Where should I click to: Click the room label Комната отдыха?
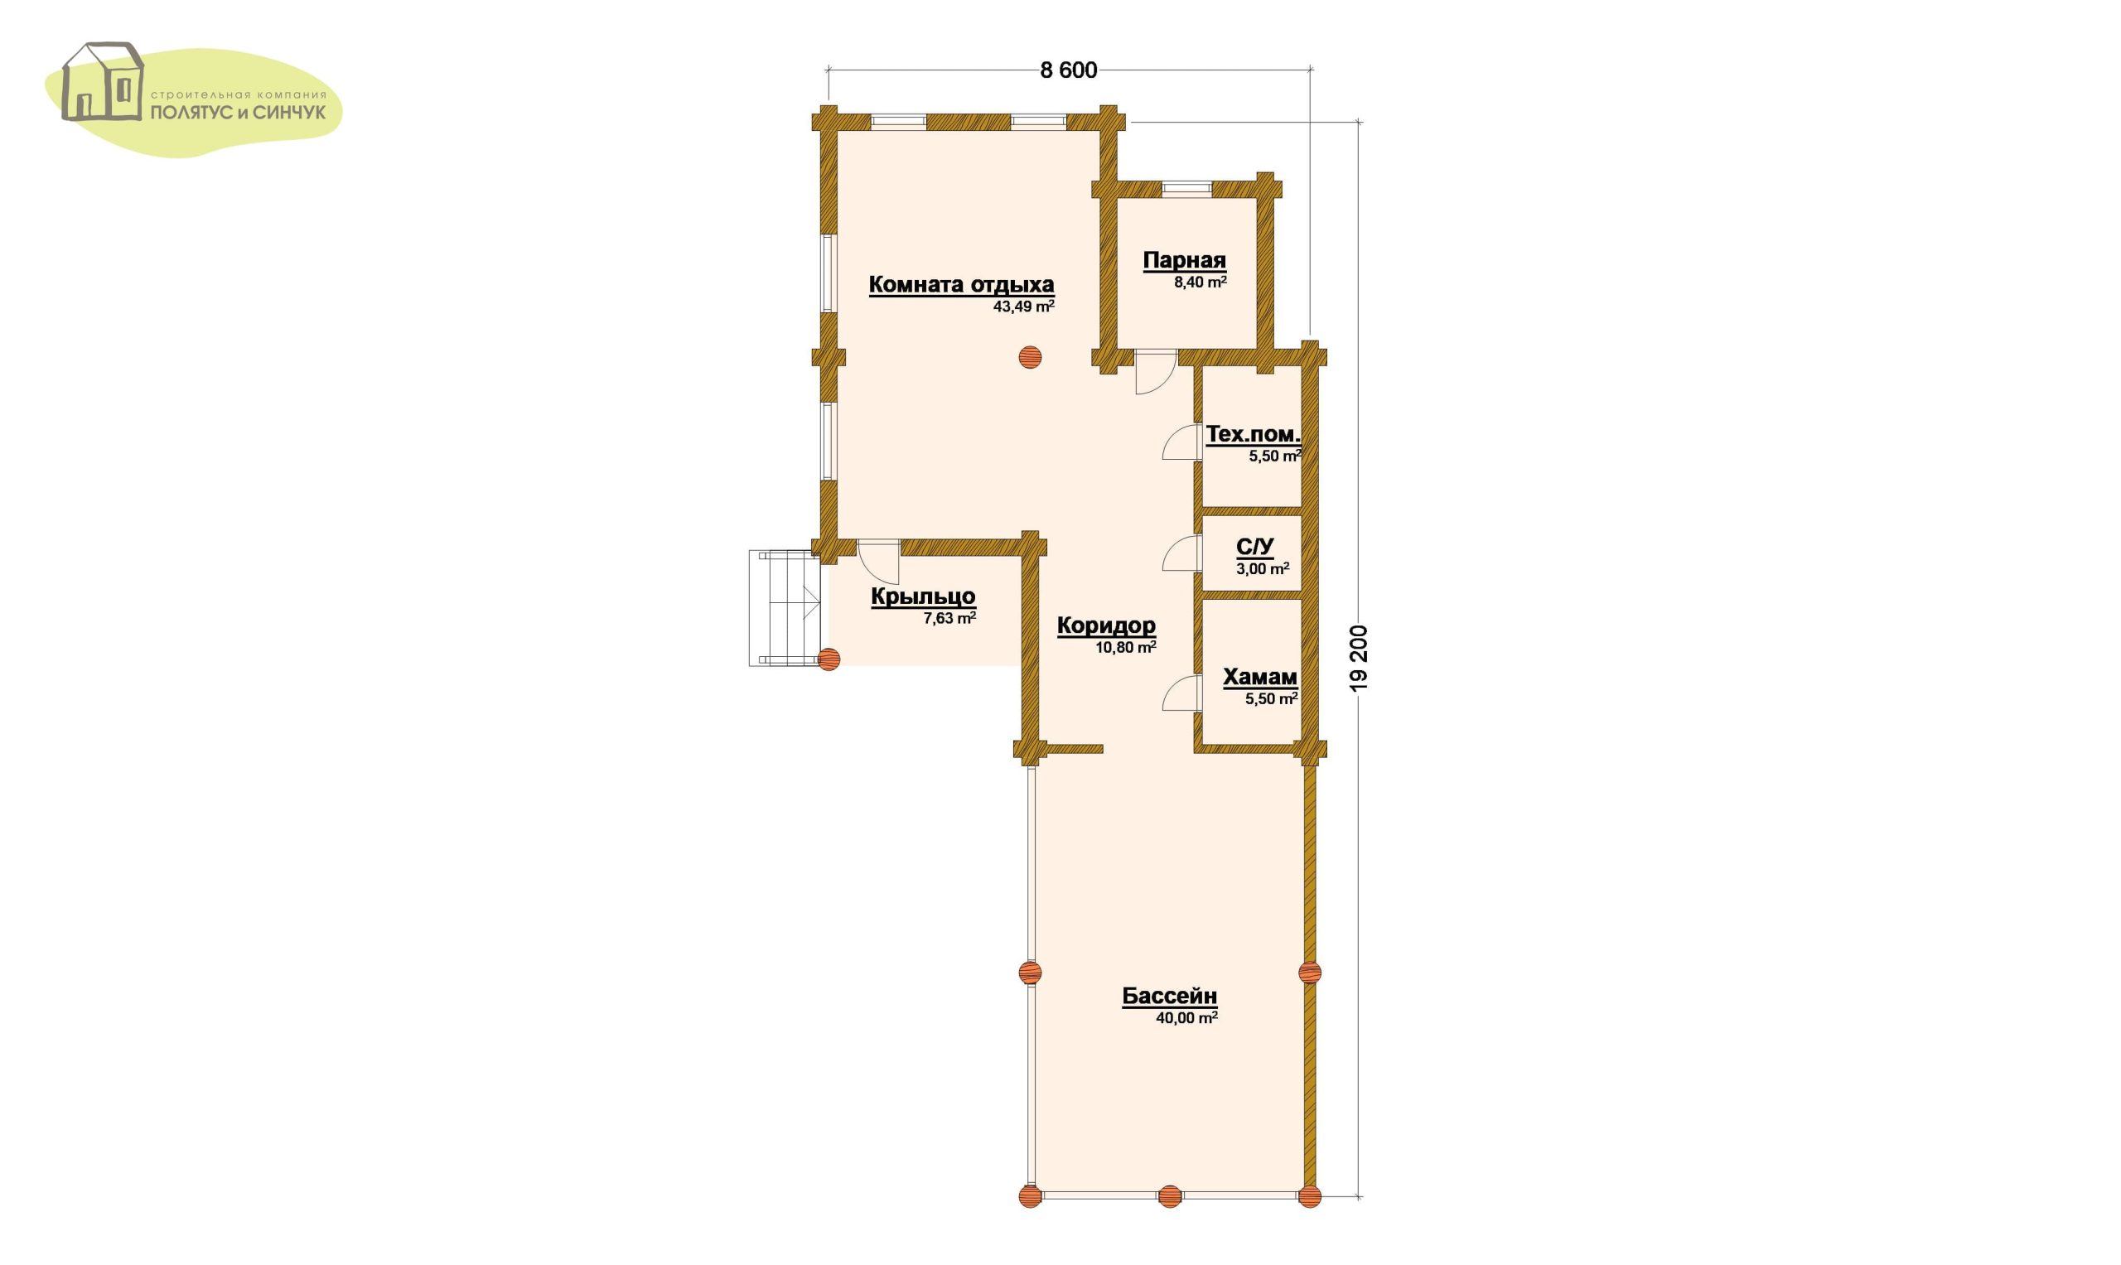pyautogui.click(x=961, y=285)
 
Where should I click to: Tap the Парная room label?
pyautogui.click(x=1184, y=261)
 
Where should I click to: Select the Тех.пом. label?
pyautogui.click(x=1254, y=435)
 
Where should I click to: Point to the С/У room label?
pyautogui.click(x=1255, y=547)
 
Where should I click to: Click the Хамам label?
pyautogui.click(x=1260, y=678)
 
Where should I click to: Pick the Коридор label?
pyautogui.click(x=1107, y=625)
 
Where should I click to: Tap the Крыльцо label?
pyautogui.click(x=923, y=597)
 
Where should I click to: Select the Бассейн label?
pyautogui.click(x=1170, y=996)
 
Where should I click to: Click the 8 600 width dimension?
pyautogui.click(x=1068, y=70)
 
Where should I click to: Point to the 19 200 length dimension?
pyautogui.click(x=1359, y=657)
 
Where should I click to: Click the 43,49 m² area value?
pyautogui.click(x=1024, y=306)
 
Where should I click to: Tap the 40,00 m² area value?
pyautogui.click(x=1186, y=1017)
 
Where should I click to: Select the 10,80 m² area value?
pyautogui.click(x=1125, y=647)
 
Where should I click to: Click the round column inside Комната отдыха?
pyautogui.click(x=1030, y=357)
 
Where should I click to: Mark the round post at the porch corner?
pyautogui.click(x=829, y=659)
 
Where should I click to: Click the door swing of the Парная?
pyautogui.click(x=1156, y=373)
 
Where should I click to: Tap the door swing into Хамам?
pyautogui.click(x=1180, y=693)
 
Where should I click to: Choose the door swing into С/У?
pyautogui.click(x=1181, y=553)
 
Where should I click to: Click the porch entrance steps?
pyautogui.click(x=785, y=608)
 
